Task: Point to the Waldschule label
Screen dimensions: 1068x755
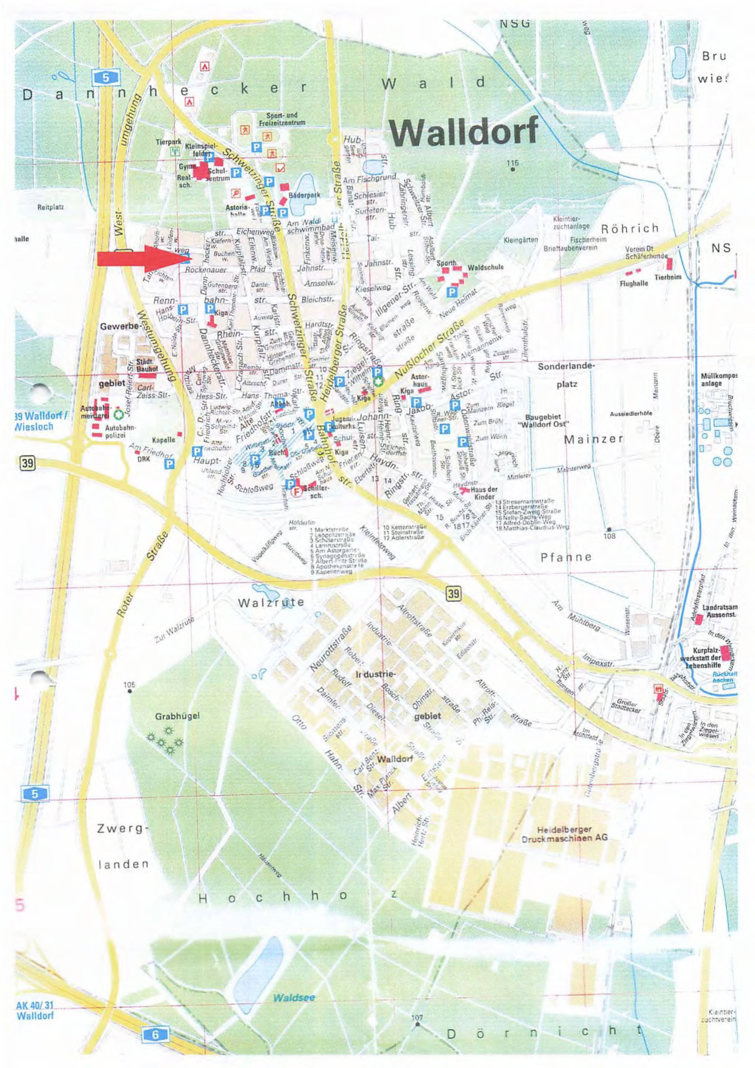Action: (x=486, y=268)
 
